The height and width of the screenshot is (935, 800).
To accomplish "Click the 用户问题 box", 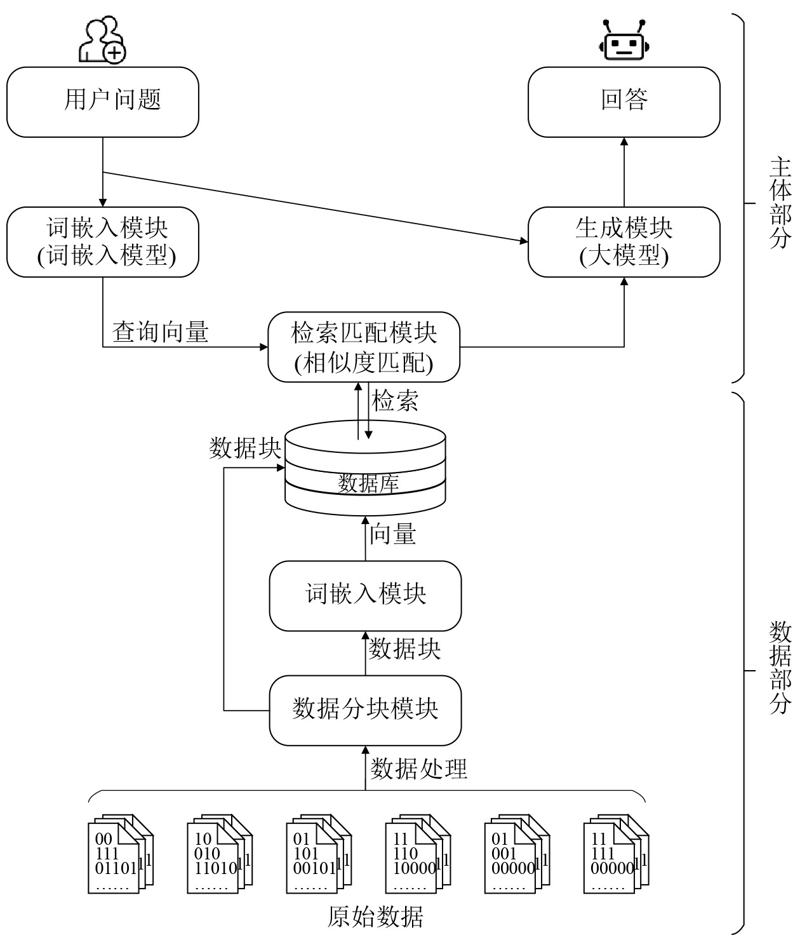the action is (x=103, y=102).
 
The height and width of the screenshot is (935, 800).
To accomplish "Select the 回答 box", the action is (x=623, y=102).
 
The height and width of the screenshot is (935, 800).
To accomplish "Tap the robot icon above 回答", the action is (x=624, y=39).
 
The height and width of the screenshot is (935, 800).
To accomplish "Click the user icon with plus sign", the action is (x=102, y=39).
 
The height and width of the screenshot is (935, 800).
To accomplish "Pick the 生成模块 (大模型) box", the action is (x=623, y=241).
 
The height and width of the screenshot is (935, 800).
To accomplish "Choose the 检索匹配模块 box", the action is (x=364, y=347).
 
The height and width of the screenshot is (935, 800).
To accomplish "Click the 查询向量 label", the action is (x=160, y=332).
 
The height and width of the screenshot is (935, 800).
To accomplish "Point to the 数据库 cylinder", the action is (x=365, y=467).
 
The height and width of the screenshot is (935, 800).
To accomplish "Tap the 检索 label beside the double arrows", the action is (x=395, y=401).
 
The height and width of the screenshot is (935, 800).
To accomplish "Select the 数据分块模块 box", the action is (x=365, y=710).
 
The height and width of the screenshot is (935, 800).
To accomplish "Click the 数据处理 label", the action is (x=418, y=769).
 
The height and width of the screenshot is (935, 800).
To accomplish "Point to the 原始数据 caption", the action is (x=375, y=917).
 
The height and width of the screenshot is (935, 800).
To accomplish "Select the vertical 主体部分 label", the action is (x=780, y=203).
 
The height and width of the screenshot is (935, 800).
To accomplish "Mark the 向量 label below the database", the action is (x=392, y=534).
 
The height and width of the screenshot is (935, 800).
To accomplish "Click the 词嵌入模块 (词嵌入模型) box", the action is (x=103, y=241).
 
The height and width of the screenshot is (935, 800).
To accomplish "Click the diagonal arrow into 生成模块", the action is (x=315, y=206).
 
